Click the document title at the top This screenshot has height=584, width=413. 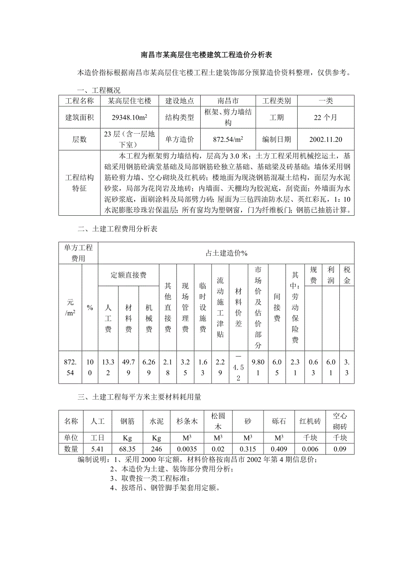206,56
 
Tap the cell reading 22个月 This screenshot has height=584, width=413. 325,118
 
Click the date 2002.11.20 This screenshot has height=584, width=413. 325,139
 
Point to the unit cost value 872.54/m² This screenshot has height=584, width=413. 228,139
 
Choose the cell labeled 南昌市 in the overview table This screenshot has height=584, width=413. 228,101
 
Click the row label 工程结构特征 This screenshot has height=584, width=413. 79,183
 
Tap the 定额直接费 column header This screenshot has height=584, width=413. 128,275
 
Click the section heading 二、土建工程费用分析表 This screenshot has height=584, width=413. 117,229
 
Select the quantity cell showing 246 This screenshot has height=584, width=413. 156,449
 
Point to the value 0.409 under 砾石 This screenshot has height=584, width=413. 278,449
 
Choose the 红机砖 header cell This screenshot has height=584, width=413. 309,422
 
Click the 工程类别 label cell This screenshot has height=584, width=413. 277,101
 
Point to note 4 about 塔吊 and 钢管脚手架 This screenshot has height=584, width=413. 165,488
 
